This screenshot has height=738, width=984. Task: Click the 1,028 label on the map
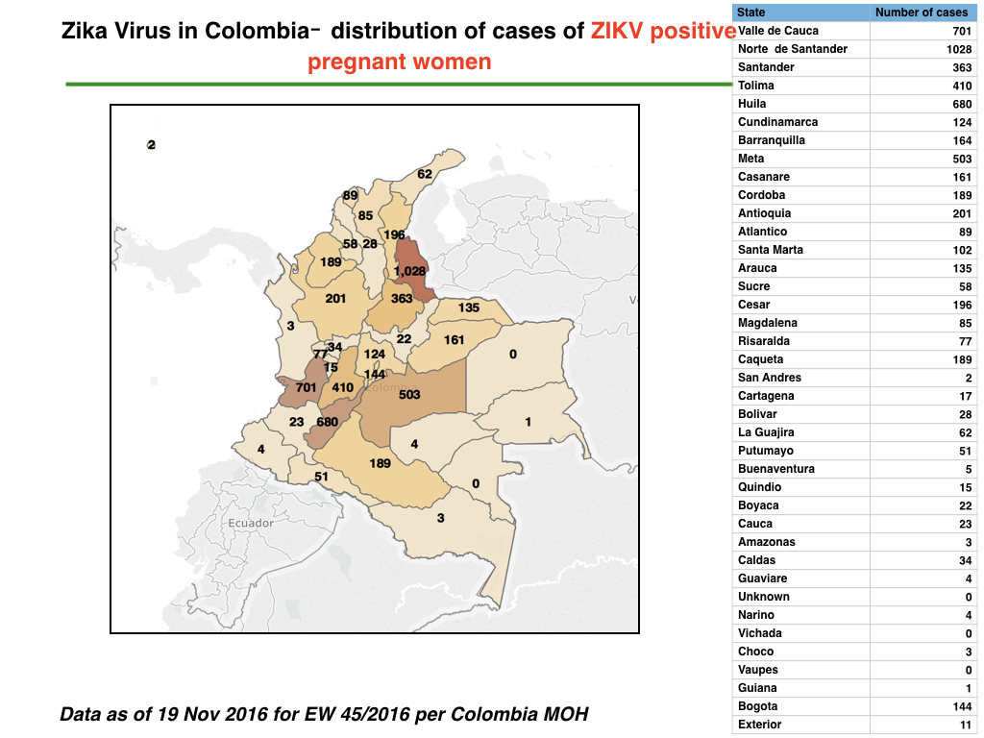(409, 271)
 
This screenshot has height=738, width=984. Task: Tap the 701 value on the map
(307, 388)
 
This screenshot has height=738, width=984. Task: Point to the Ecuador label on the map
(251, 523)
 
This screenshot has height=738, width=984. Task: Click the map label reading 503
(409, 395)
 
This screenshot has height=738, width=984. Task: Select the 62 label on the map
(425, 174)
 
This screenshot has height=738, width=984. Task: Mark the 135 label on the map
(469, 307)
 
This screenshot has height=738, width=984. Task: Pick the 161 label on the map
(454, 340)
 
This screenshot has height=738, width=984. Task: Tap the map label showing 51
(321, 477)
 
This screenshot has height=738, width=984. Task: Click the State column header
(751, 12)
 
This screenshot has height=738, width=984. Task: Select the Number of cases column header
(922, 12)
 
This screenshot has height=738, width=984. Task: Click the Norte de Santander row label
(793, 49)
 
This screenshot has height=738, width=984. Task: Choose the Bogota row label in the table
(757, 706)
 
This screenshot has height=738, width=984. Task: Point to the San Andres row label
(770, 377)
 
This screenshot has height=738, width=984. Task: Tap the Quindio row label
(759, 487)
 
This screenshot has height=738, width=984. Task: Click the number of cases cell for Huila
(962, 104)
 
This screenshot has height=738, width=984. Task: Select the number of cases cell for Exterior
(966, 725)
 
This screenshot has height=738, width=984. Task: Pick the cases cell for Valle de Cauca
(962, 31)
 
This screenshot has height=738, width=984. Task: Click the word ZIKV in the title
(617, 31)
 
